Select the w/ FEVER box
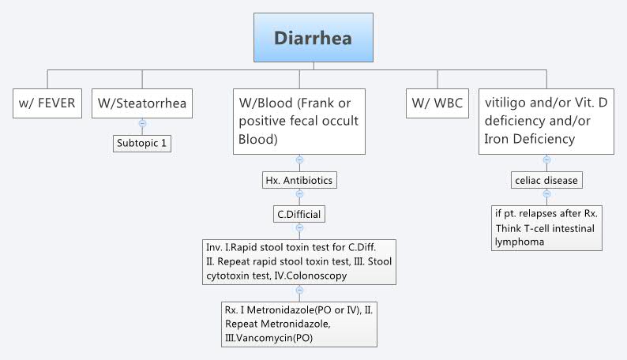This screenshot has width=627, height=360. pyautogui.click(x=48, y=103)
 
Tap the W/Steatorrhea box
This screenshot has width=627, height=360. pyautogui.click(x=142, y=103)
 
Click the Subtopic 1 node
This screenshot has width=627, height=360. pyautogui.click(x=142, y=144)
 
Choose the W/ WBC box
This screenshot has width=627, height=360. pyautogui.click(x=436, y=103)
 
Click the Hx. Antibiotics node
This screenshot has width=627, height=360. pyautogui.click(x=299, y=180)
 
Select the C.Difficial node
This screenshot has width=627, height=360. pyautogui.click(x=299, y=213)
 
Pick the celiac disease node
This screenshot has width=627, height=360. pyautogui.click(x=546, y=180)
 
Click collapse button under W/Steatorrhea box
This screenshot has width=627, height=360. pyautogui.click(x=142, y=123)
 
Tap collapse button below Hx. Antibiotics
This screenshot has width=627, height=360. pyautogui.click(x=299, y=194)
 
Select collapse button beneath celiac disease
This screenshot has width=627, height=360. pyautogui.click(x=546, y=194)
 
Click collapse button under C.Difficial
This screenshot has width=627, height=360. pyautogui.click(x=299, y=228)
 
